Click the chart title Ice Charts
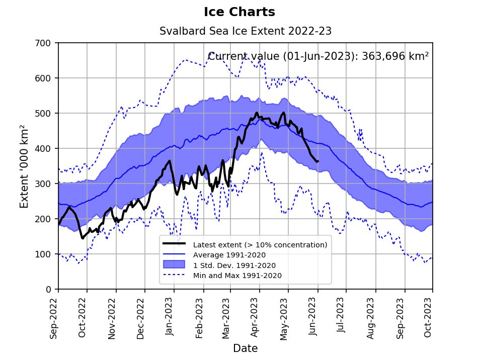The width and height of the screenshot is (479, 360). (239, 12)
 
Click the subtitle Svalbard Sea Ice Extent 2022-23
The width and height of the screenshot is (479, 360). (246, 31)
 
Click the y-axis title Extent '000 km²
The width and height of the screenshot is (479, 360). (24, 166)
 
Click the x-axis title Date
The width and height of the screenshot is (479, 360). (245, 348)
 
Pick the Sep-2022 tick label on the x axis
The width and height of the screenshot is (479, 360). (54, 316)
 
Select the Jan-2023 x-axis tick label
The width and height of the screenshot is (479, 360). (170, 316)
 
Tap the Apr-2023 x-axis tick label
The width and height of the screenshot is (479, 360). (255, 316)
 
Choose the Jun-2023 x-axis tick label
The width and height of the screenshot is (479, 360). (313, 316)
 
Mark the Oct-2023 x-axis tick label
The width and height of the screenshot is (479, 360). (428, 316)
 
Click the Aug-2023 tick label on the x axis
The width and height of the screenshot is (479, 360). (371, 316)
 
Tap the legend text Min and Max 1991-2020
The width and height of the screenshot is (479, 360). (237, 275)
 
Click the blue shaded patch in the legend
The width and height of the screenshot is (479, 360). (175, 264)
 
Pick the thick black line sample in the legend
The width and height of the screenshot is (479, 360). (175, 244)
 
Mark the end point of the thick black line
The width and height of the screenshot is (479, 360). (317, 161)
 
